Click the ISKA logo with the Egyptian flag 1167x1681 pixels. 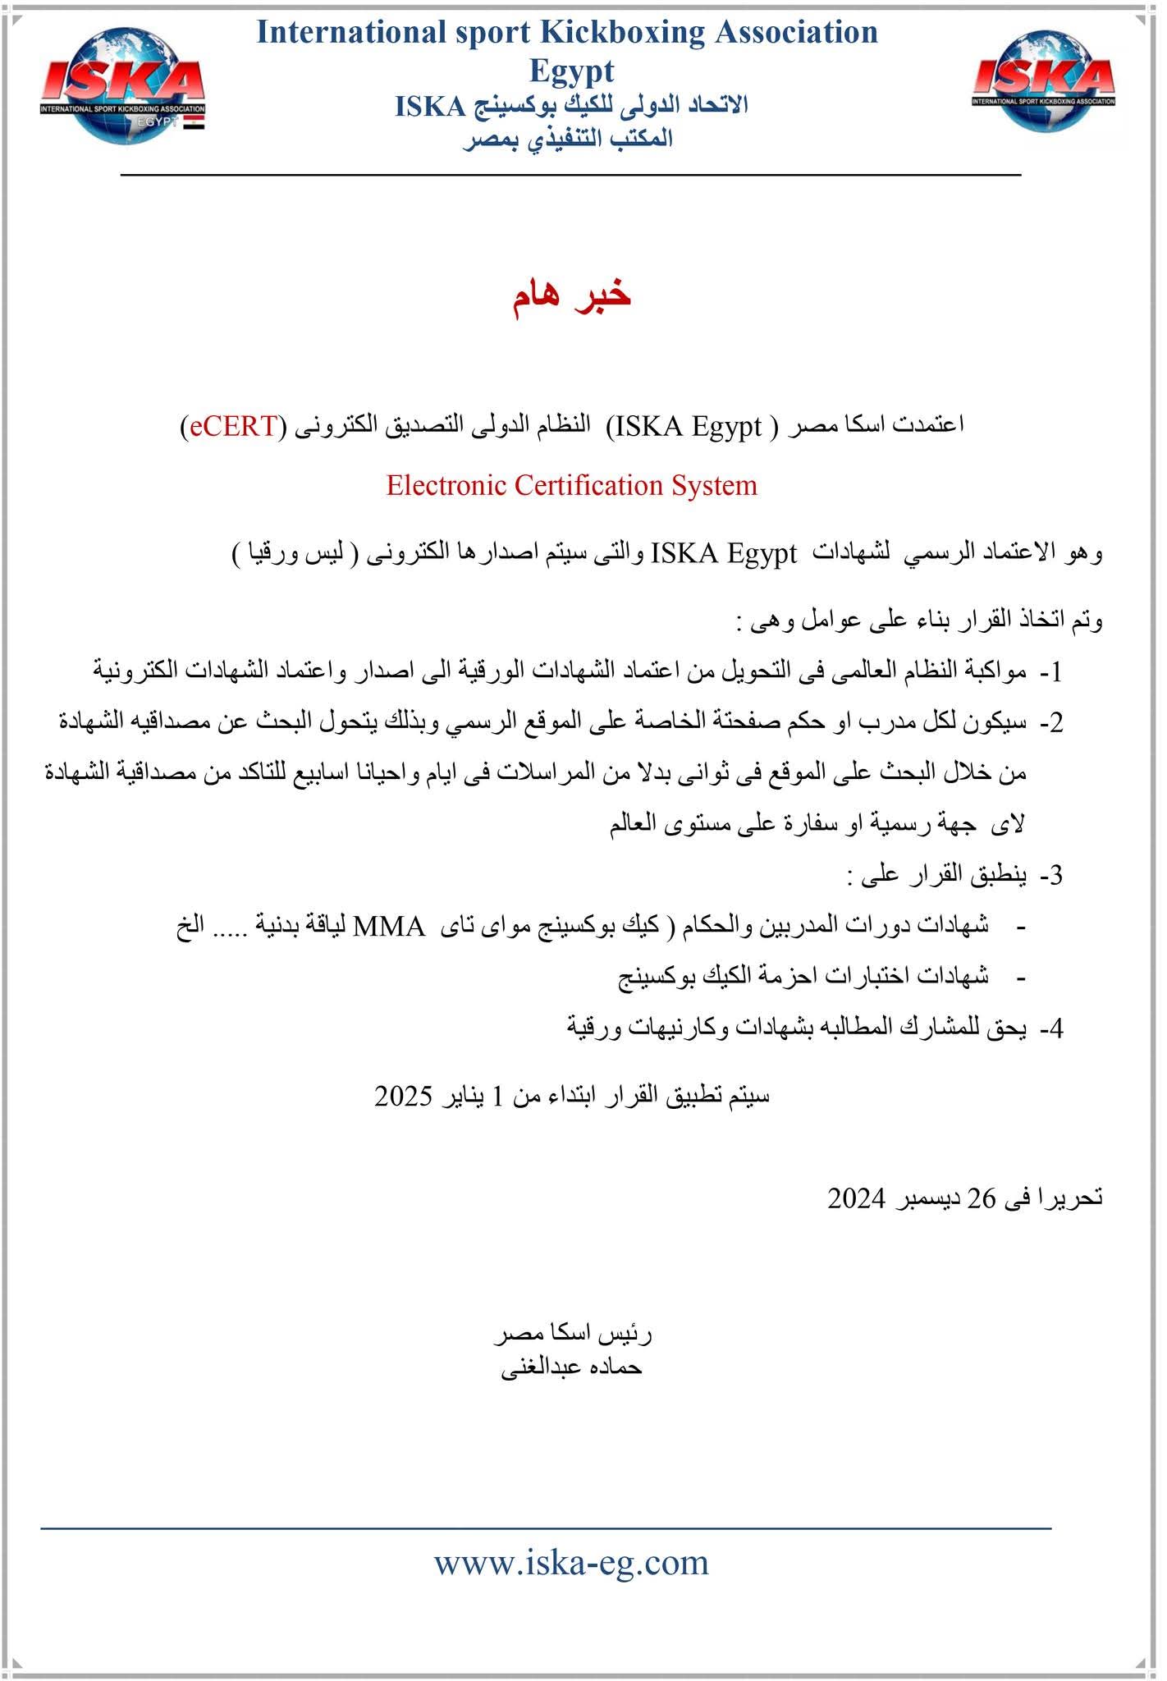pyautogui.click(x=123, y=87)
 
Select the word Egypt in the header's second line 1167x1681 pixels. pyautogui.click(x=571, y=71)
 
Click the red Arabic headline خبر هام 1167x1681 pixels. pyautogui.click(x=571, y=295)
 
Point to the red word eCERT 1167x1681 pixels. pyautogui.click(x=234, y=426)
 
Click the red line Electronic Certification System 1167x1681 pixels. pyautogui.click(x=571, y=485)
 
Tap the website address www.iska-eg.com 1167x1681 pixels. pyautogui.click(x=571, y=1561)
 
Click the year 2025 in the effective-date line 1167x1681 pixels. pyautogui.click(x=403, y=1097)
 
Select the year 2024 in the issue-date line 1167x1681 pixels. pyautogui.click(x=856, y=1199)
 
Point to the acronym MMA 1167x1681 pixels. pyautogui.click(x=389, y=927)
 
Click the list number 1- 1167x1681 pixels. pyautogui.click(x=1051, y=672)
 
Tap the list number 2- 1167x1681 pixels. pyautogui.click(x=1051, y=723)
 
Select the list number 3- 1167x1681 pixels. pyautogui.click(x=1051, y=876)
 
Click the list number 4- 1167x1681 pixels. pyautogui.click(x=1051, y=1028)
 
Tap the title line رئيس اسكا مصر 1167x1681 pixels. pyautogui.click(x=572, y=1335)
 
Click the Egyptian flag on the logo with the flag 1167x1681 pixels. pyautogui.click(x=194, y=123)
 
